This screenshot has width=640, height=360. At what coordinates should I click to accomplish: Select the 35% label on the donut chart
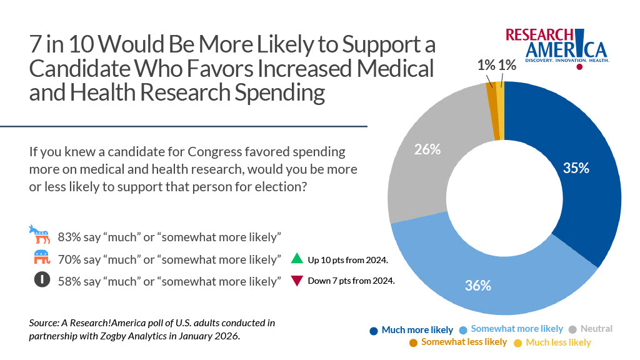[x=576, y=167]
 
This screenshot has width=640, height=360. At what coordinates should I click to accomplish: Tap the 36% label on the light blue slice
[x=477, y=286]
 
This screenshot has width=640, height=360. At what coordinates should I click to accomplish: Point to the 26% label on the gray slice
[x=428, y=149]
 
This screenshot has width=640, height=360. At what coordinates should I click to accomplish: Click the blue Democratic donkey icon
[x=40, y=236]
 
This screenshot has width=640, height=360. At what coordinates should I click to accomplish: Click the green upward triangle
[x=297, y=259]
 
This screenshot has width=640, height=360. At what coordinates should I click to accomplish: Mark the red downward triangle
[x=297, y=281]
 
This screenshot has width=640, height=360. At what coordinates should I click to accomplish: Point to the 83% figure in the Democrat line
[x=69, y=237]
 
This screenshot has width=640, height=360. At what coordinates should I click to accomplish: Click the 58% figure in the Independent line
[x=69, y=281]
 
